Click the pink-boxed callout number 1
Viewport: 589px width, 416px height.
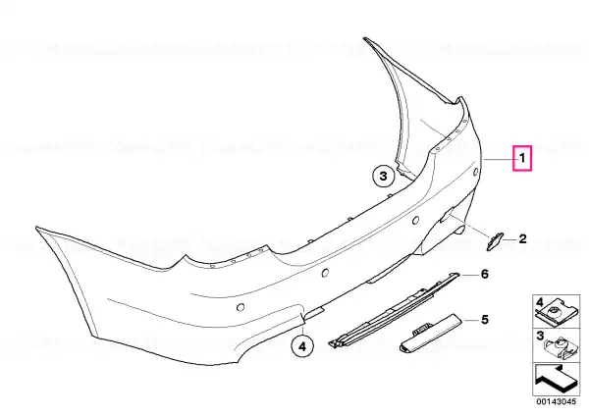522,158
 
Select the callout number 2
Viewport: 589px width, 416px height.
522,238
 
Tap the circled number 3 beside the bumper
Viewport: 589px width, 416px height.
384,176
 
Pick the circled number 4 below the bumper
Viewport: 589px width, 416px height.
302,347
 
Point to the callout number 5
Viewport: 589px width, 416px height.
485,320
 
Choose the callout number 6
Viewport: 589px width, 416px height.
485,274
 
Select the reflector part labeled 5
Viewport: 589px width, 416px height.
431,334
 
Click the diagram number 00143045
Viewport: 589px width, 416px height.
556,401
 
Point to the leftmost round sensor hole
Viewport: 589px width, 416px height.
241,307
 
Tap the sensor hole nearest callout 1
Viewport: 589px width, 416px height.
475,172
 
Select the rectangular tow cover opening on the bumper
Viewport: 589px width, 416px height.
447,217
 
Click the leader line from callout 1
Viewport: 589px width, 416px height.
499,160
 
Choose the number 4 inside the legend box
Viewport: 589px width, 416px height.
539,302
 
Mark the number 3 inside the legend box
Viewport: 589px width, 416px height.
540,336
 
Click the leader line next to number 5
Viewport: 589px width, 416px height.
471,320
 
